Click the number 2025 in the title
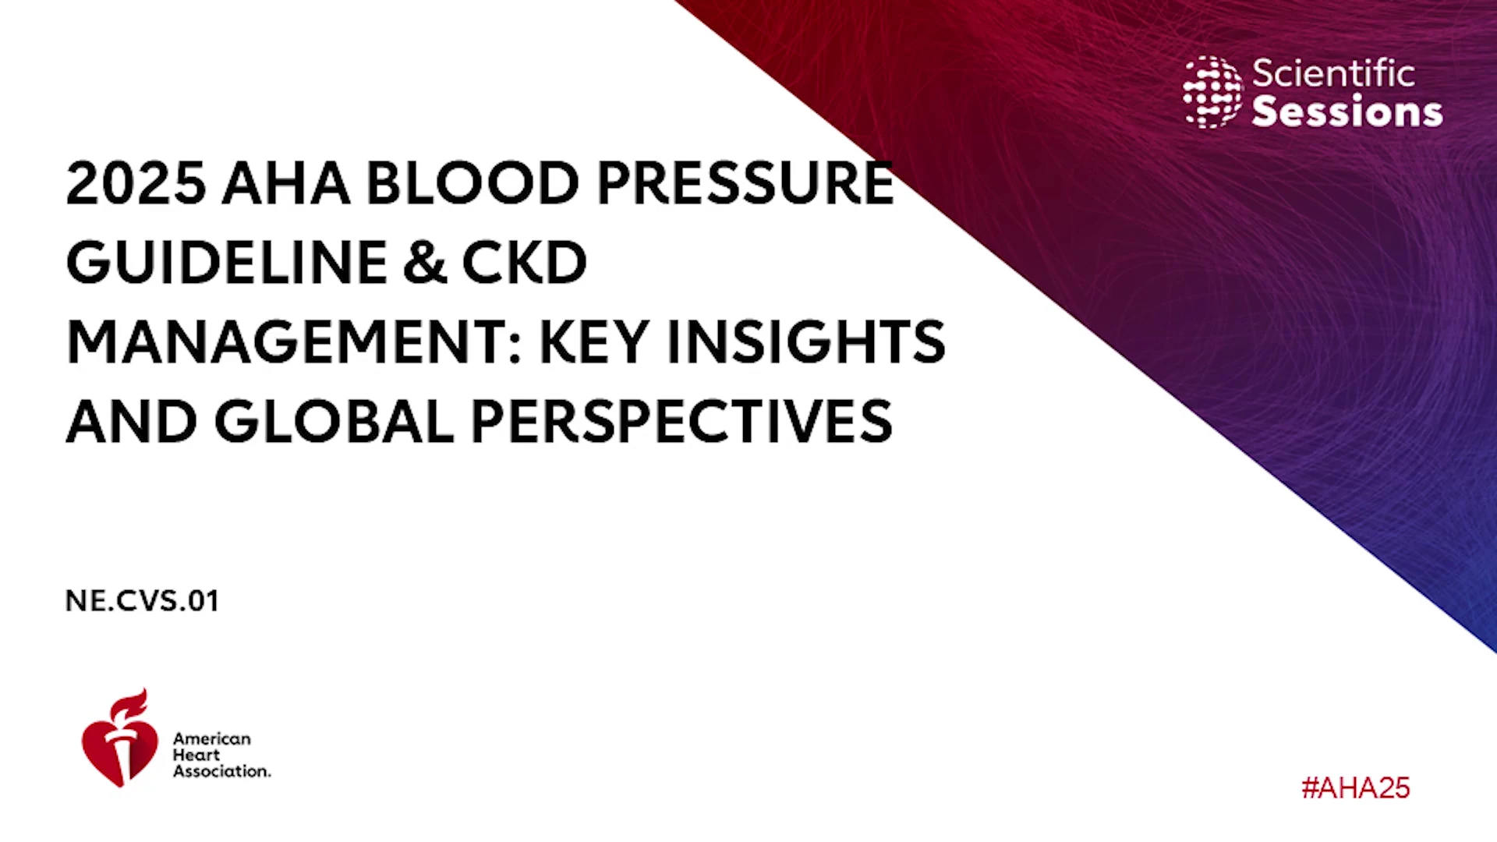136,184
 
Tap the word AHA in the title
286,184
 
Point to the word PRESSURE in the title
745,184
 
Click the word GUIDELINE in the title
227,263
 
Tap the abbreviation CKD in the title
524,263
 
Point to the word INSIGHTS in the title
806,342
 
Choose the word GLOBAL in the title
334,422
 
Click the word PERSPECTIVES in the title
681,422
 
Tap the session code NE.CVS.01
142,601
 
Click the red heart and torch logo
119,738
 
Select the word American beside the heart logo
212,738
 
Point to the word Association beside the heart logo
222,771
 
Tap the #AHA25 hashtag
1356,788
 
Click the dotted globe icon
1212,92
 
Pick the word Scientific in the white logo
1333,73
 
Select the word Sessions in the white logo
1347,111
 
